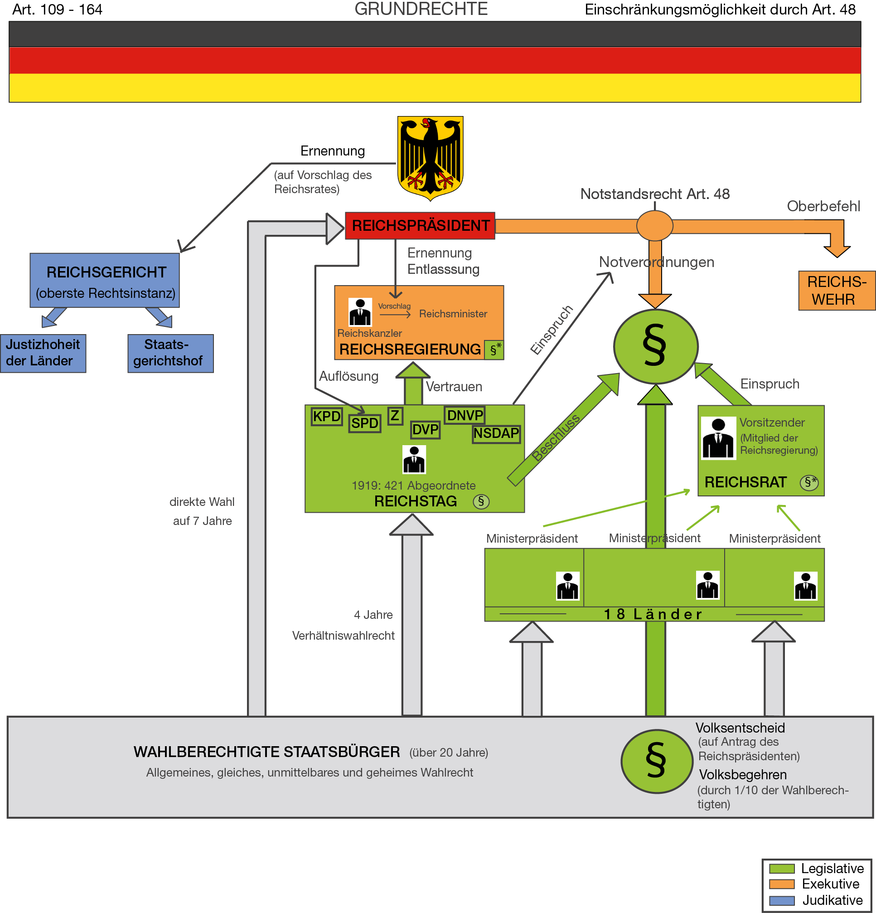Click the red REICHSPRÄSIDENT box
click(x=420, y=226)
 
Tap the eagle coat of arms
click(x=430, y=157)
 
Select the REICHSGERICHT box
click(x=105, y=281)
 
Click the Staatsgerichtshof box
click(x=170, y=353)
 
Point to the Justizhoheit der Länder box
click(x=43, y=353)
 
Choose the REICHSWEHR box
click(x=837, y=291)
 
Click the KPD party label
click(x=326, y=417)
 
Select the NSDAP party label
click(x=496, y=434)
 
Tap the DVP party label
click(x=425, y=429)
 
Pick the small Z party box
click(x=395, y=416)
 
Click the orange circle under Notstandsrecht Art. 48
click(x=655, y=225)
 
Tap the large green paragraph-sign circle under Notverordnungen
click(x=655, y=346)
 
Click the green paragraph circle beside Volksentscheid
click(x=657, y=761)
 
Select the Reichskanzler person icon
click(x=360, y=312)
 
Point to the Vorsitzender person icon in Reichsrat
click(x=719, y=438)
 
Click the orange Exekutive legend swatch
click(x=781, y=884)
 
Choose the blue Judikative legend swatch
click(x=781, y=900)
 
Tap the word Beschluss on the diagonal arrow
click(x=556, y=438)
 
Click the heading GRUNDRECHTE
click(x=421, y=10)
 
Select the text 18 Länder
click(x=653, y=614)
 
